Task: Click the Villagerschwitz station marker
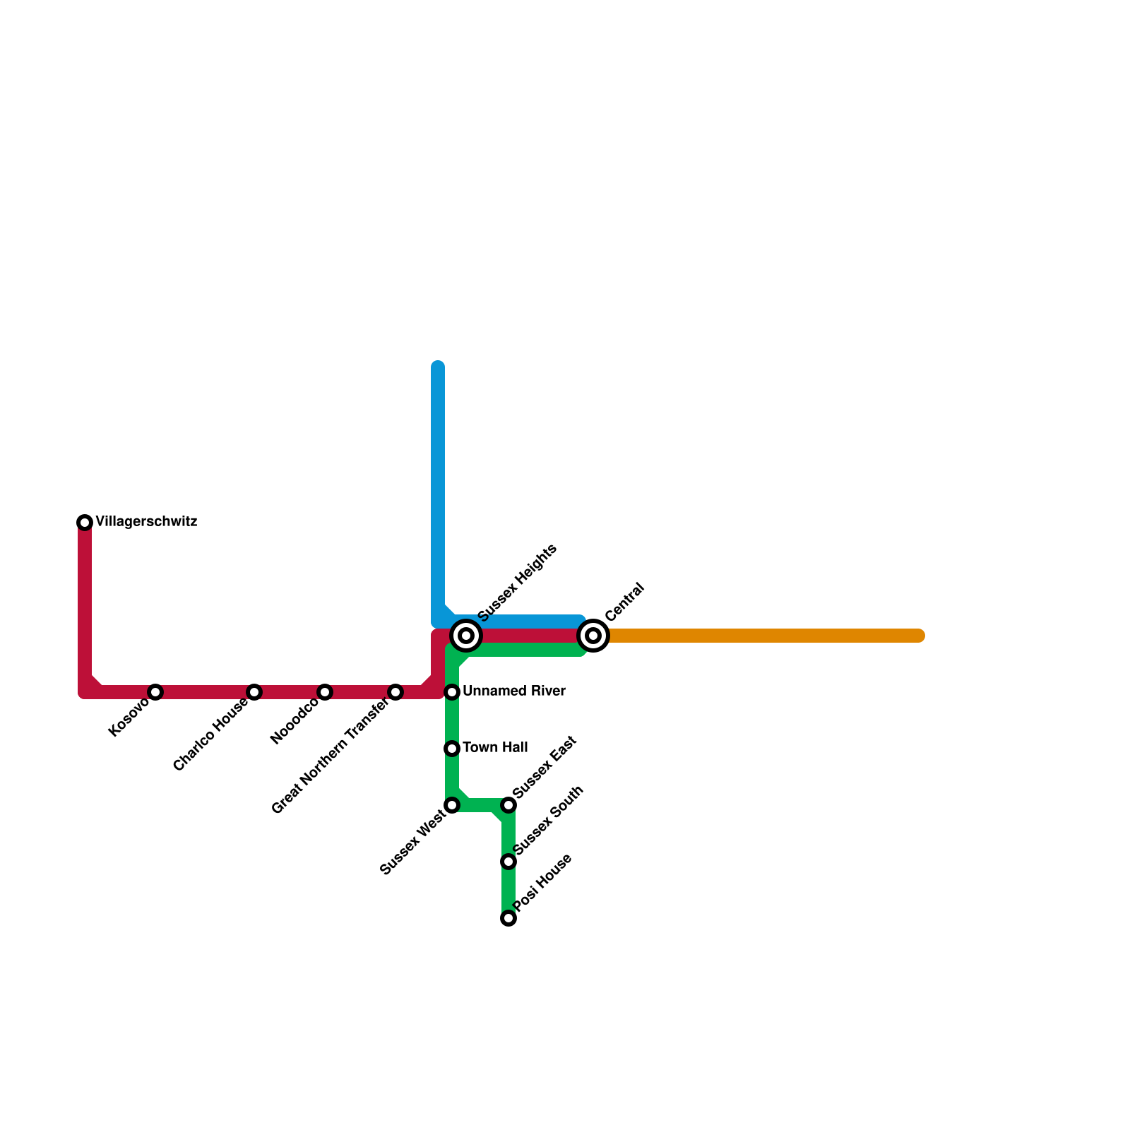click(x=85, y=523)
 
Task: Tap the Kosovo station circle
click(x=155, y=692)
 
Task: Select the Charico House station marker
click(x=254, y=692)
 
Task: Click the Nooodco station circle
click(x=325, y=692)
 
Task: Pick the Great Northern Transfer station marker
click(x=395, y=692)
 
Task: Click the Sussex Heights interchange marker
click(x=466, y=636)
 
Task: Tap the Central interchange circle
click(x=594, y=636)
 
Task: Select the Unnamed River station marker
click(x=452, y=692)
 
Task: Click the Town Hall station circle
click(x=452, y=749)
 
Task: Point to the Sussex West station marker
click(x=452, y=805)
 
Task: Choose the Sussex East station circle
click(x=509, y=805)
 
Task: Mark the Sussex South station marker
click(x=509, y=862)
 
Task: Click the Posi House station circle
click(x=509, y=918)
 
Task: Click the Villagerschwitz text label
click(x=146, y=523)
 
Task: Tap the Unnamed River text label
click(x=514, y=691)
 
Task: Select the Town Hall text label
click(x=495, y=748)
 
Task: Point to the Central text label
click(x=625, y=602)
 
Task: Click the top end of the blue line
click(x=438, y=367)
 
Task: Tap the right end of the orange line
click(x=919, y=636)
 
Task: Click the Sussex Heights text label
click(x=518, y=583)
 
